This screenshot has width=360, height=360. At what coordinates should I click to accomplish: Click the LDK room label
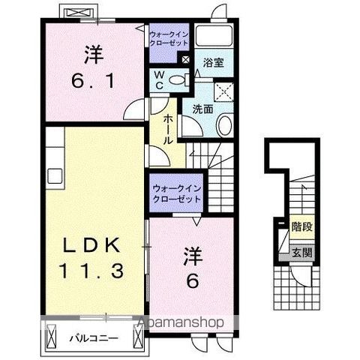click(x=92, y=245)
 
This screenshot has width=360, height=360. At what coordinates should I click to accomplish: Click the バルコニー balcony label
click(x=94, y=338)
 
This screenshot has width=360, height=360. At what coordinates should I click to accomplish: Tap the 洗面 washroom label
click(x=202, y=109)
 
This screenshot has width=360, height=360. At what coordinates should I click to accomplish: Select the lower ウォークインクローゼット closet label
click(x=176, y=193)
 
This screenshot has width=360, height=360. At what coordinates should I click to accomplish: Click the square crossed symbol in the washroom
click(x=223, y=91)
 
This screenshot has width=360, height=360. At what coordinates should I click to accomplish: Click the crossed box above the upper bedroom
click(x=77, y=13)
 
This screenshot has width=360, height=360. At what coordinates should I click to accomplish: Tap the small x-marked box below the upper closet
click(x=184, y=58)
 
